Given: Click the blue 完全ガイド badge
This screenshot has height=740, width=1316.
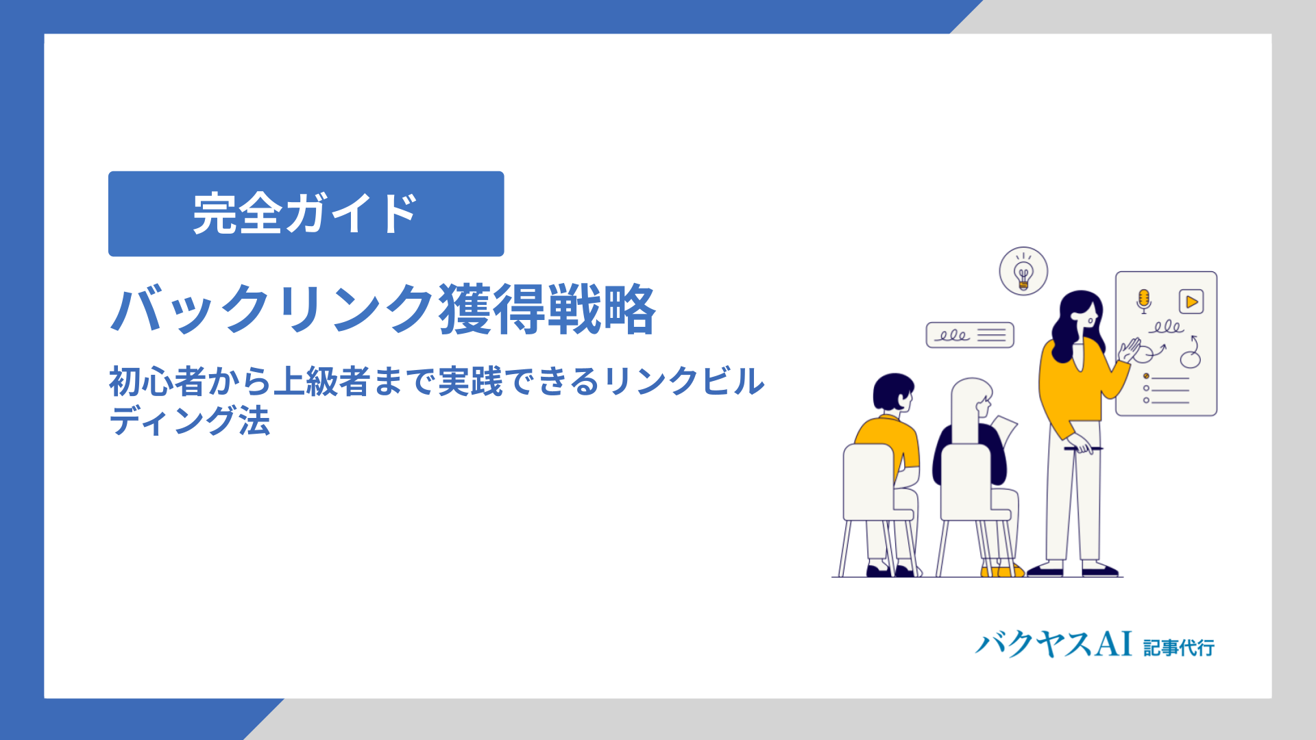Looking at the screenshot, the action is pos(306,214).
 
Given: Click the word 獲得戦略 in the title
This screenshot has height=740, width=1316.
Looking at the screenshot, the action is pos(548,310).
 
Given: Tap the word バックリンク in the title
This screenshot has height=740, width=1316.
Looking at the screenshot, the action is pos(273,310).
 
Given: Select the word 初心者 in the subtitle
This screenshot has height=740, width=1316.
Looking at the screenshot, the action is pos(157,382).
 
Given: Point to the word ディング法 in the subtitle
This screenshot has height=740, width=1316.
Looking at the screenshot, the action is pos(190,421).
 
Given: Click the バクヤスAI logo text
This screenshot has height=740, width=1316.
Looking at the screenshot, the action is pos(1053,644).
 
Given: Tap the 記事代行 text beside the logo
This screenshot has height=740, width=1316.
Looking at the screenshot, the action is pos(1179,647).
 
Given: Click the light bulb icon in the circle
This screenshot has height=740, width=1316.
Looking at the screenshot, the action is pos(1023,271).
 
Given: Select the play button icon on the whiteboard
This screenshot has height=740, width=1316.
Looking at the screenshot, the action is pos(1191,301).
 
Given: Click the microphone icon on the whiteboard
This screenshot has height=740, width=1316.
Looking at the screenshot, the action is pos(1143,301).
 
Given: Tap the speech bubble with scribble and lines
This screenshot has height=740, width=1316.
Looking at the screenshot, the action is pos(970,335).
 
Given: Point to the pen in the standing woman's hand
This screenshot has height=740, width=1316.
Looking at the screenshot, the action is pos(1083,449).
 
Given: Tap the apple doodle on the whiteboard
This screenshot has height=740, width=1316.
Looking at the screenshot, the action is pos(1191,353).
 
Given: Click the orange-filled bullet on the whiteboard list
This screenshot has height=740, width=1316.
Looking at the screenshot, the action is pos(1146,376).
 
